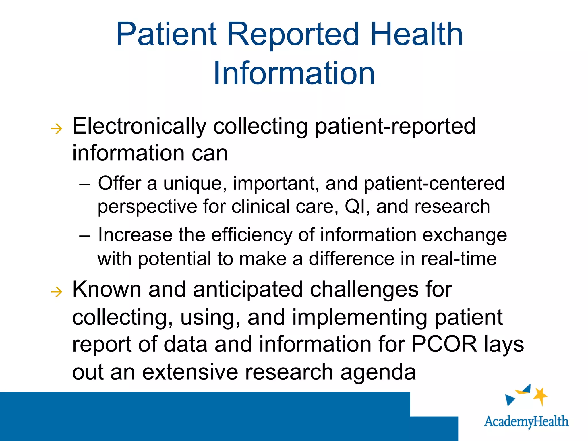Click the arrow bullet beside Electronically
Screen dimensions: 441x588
point(57,129)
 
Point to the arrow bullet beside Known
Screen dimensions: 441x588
point(57,292)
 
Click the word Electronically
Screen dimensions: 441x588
point(139,126)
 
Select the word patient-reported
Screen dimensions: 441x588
point(395,126)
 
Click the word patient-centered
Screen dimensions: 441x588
point(434,183)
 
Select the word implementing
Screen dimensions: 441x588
point(360,317)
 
